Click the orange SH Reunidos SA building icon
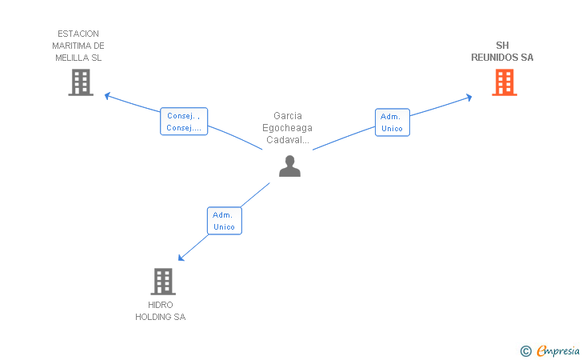[x=504, y=82]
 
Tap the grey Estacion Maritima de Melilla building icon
[x=81, y=82]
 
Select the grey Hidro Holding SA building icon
[x=163, y=281]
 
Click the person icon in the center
[x=289, y=166]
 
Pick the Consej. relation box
[x=184, y=122]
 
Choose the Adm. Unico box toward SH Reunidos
[x=392, y=122]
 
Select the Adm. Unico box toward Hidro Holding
[x=224, y=221]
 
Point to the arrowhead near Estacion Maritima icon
[x=108, y=96]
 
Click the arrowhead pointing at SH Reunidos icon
[x=469, y=98]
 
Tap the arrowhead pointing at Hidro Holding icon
[x=181, y=258]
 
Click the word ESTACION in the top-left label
[x=78, y=34]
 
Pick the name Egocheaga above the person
[x=287, y=128]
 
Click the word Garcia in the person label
[x=288, y=116]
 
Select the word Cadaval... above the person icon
[x=287, y=140]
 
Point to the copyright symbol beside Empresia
[x=525, y=350]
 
